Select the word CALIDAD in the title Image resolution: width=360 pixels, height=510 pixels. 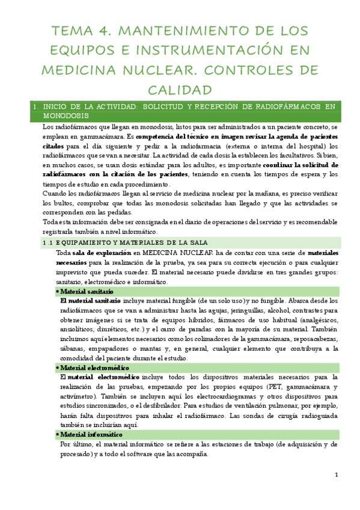pos(180,89)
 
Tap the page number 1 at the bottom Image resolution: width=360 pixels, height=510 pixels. pos(337,475)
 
